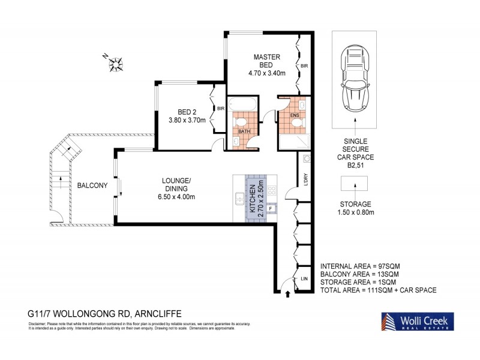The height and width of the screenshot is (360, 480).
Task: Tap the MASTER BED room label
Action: (x=266, y=60)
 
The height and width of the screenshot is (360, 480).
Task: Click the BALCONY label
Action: (x=92, y=185)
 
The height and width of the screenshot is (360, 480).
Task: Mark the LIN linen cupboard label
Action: (x=305, y=279)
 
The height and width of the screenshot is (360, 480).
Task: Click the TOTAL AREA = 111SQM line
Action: (x=378, y=290)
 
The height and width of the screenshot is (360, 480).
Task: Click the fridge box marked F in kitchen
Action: (x=270, y=208)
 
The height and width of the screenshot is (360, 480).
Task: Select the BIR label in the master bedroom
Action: (x=304, y=66)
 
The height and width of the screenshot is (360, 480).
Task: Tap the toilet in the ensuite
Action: (x=296, y=122)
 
